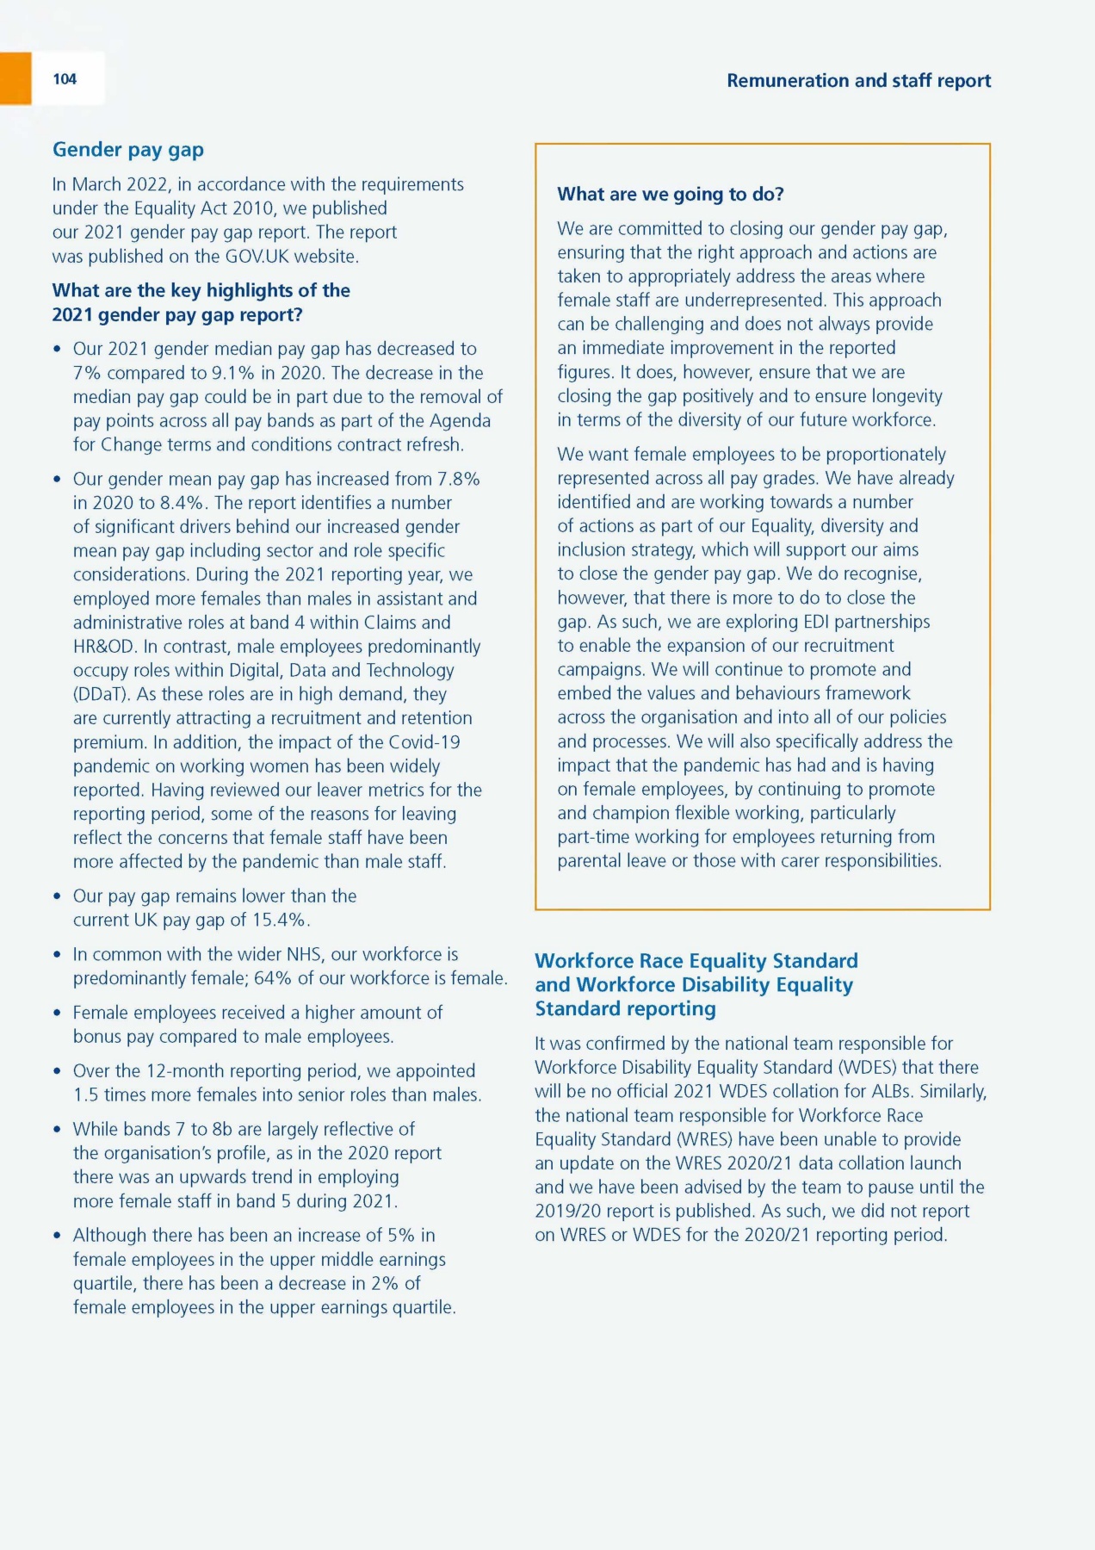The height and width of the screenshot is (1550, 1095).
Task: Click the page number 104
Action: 65,79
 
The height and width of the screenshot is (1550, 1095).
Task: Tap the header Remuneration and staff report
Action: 858,81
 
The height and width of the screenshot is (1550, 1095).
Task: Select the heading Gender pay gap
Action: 128,150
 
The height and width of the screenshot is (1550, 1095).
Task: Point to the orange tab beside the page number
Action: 15,78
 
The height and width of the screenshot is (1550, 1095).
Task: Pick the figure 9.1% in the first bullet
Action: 232,373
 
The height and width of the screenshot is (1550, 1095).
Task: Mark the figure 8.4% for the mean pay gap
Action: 182,503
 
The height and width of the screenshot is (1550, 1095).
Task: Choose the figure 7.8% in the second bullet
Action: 458,479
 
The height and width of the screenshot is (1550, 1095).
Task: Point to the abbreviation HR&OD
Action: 104,647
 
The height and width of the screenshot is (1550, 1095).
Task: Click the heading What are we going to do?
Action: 671,195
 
